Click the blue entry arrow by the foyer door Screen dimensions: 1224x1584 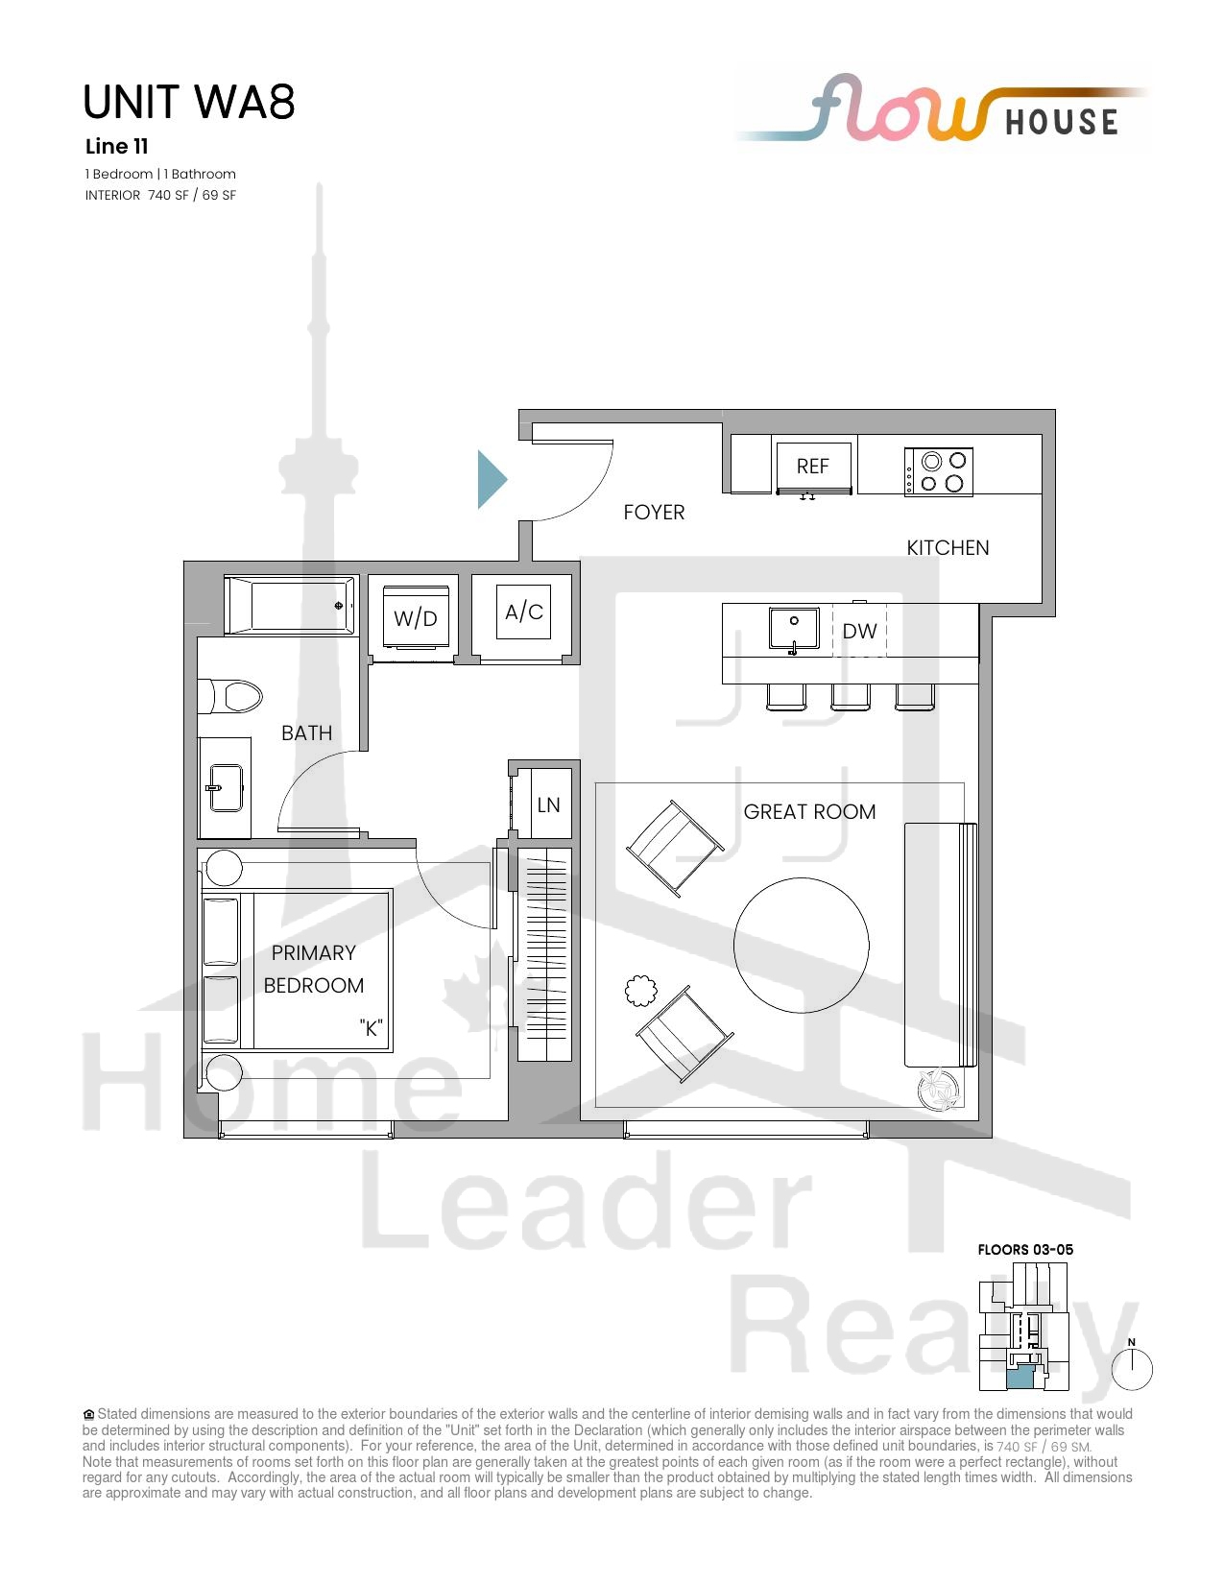(x=490, y=479)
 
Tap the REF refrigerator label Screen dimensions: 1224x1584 (x=812, y=467)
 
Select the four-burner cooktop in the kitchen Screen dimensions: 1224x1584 (x=938, y=472)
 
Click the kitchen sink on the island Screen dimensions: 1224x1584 (x=794, y=629)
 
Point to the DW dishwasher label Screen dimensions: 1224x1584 (x=859, y=632)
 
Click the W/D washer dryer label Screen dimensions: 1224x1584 (x=416, y=619)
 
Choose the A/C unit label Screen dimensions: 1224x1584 (x=524, y=612)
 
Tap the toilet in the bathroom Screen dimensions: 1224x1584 (x=230, y=697)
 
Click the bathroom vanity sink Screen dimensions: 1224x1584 (x=226, y=787)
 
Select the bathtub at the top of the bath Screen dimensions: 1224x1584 (x=290, y=605)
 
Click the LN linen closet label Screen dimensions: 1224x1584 (x=548, y=804)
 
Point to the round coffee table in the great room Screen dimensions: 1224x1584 (x=801, y=946)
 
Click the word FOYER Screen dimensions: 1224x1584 (x=654, y=513)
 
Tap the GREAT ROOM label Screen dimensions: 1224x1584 (x=809, y=812)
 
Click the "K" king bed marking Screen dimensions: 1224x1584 (x=372, y=1028)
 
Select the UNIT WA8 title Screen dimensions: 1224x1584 (x=189, y=102)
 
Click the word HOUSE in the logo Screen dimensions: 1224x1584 (x=1062, y=123)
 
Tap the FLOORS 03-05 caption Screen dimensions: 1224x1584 (x=1025, y=1250)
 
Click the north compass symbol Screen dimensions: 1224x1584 (x=1132, y=1369)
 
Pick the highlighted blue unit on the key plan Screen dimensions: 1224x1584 (x=1020, y=1377)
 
